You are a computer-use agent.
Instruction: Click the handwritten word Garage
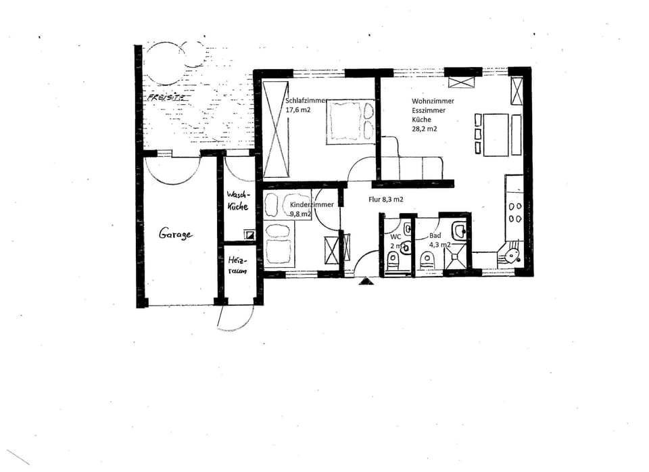[x=176, y=234]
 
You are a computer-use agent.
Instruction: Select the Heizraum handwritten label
[x=237, y=264]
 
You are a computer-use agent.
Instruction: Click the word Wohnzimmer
[x=433, y=101]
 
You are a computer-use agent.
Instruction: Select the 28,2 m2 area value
[x=425, y=128]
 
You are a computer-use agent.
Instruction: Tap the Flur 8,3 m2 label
[x=386, y=199]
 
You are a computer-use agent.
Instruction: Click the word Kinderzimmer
[x=312, y=205]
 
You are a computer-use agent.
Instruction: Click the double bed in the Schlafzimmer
[x=350, y=122]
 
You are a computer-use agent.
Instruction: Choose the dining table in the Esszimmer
[x=496, y=135]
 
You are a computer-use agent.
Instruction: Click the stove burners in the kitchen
[x=515, y=212]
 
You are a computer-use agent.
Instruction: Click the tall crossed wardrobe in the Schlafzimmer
[x=276, y=128]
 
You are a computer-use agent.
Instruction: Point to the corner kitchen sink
[x=510, y=256]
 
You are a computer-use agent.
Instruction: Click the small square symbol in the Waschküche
[x=249, y=235]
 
